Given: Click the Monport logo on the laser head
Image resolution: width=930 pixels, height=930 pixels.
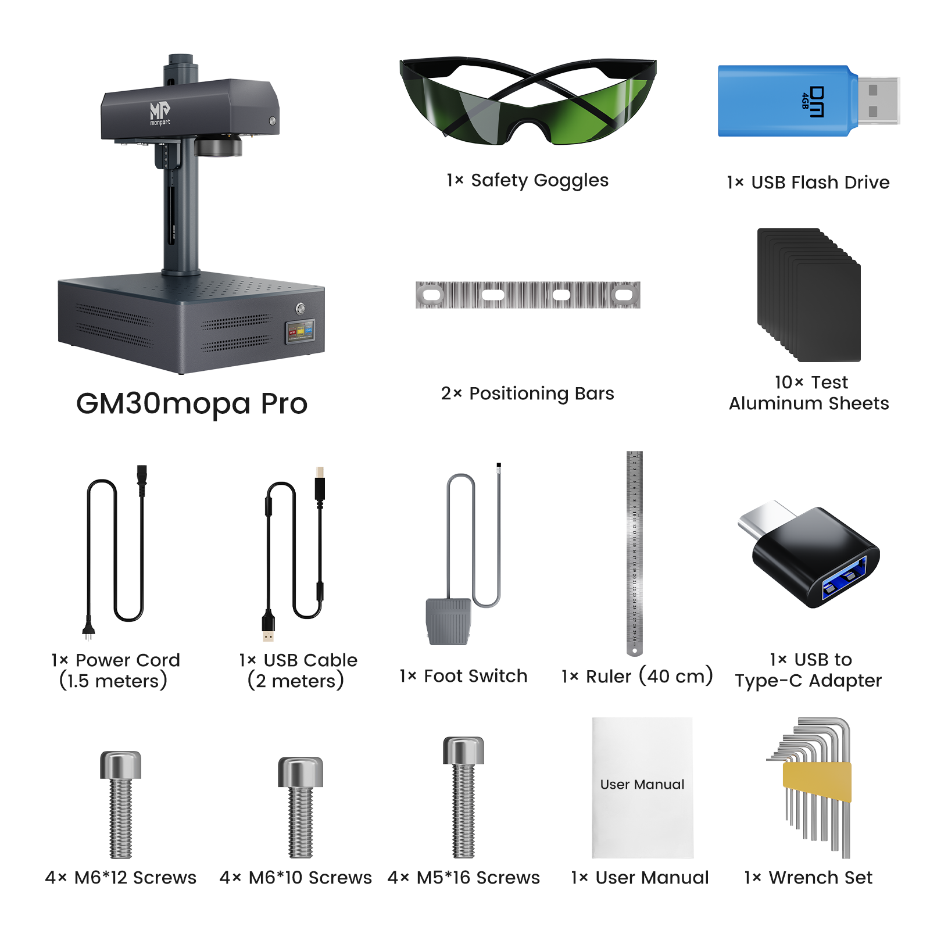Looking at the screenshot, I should click(160, 113).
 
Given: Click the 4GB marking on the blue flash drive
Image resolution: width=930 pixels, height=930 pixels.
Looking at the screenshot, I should click(805, 101).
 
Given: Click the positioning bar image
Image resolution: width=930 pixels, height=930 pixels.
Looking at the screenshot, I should click(528, 295).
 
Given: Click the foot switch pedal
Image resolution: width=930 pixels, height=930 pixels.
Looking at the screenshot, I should click(448, 621).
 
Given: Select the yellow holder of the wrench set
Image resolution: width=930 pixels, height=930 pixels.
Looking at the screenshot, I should click(817, 781).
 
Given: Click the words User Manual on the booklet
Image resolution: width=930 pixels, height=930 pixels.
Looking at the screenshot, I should click(642, 784).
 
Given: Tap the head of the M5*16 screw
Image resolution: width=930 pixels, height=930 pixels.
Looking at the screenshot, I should click(463, 750).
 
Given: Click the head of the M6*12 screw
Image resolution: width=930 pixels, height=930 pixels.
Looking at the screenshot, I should click(120, 764).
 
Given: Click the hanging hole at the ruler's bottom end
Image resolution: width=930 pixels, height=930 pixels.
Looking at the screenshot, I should click(635, 651).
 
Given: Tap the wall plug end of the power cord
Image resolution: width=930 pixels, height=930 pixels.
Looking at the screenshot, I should click(88, 628).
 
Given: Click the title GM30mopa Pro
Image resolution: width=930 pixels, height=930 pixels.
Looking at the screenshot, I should click(192, 403).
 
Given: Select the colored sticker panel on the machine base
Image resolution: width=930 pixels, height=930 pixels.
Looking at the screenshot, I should click(300, 331).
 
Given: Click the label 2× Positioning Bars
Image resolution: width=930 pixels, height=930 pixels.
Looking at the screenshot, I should click(527, 394).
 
